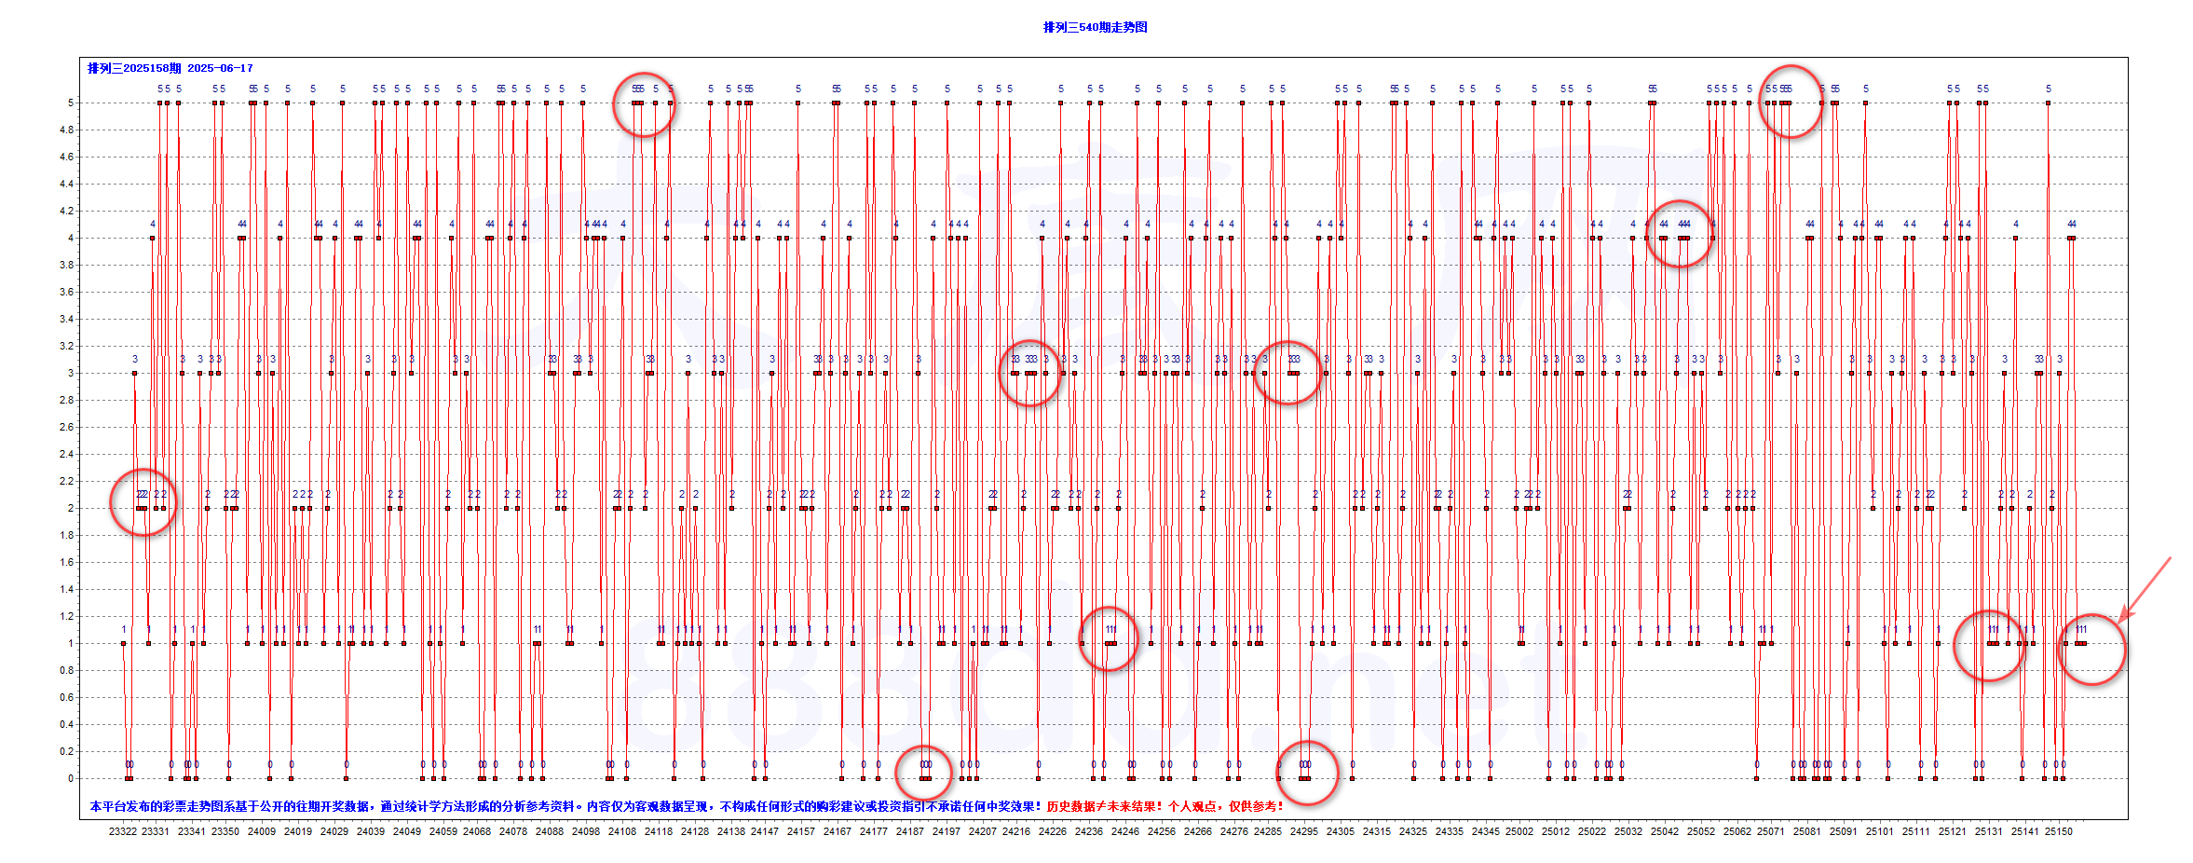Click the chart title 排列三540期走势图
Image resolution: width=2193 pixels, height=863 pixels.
(1095, 27)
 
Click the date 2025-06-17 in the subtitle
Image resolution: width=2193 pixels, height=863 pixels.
(220, 68)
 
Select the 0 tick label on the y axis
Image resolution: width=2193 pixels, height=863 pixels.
(70, 778)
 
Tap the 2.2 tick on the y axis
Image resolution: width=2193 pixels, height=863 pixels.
(67, 481)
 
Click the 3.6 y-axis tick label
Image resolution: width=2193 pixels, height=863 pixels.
(67, 292)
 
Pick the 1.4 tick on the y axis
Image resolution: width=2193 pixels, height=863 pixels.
(67, 589)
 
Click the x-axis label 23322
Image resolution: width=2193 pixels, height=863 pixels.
(122, 831)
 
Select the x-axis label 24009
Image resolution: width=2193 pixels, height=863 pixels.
(262, 831)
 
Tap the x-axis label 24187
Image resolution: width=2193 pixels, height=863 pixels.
(910, 831)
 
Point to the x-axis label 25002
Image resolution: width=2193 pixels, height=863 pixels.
(1519, 831)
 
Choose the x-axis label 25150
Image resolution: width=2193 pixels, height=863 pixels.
(2059, 831)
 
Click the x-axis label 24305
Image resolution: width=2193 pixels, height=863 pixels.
(1341, 831)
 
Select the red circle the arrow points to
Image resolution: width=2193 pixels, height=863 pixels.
(2091, 650)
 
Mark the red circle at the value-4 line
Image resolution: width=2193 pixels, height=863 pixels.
(1680, 234)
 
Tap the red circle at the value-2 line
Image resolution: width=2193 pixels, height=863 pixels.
(143, 502)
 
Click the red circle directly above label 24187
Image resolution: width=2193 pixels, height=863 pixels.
(923, 773)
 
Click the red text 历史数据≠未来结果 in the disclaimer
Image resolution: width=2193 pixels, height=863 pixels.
(1104, 806)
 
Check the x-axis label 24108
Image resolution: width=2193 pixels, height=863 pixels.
(622, 831)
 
